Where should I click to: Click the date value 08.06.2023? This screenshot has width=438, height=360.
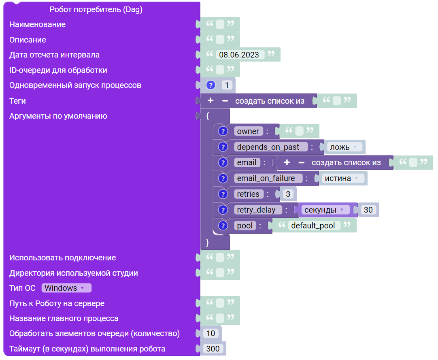pos(239,55)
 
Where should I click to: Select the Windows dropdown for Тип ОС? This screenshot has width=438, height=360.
pos(66,288)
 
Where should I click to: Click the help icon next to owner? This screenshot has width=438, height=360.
pos(223,131)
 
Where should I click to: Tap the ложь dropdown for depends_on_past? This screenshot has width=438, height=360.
pos(345,147)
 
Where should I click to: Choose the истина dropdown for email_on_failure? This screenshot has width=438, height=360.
pos(343,178)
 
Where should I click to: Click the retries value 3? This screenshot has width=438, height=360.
pos(288,194)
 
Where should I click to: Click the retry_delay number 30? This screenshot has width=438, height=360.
pos(368,210)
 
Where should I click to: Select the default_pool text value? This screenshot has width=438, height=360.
pos(313,226)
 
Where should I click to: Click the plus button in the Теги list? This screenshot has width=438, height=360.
pos(210,100)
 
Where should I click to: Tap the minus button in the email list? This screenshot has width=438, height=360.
pos(302,163)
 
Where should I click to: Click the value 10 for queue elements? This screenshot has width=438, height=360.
pos(210,333)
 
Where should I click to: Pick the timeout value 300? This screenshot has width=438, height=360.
pos(213,349)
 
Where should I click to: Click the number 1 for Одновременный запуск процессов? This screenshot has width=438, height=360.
pos(227,85)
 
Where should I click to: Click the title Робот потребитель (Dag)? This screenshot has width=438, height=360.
pos(96,9)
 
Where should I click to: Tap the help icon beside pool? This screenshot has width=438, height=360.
pos(223,226)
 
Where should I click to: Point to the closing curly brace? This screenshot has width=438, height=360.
pos(207,243)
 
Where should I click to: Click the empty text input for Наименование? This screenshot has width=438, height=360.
pos(220,24)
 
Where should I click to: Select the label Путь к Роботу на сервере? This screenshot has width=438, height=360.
pos(57,303)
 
